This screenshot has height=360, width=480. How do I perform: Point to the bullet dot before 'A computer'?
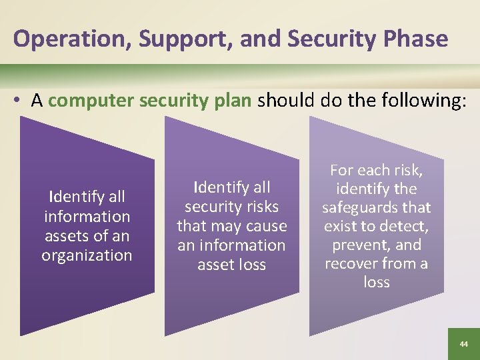21,101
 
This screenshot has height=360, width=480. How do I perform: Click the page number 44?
463,344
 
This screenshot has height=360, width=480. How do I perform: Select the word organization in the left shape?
87,255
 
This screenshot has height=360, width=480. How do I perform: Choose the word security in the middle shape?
212,207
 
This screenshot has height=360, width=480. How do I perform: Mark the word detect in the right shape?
405,226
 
